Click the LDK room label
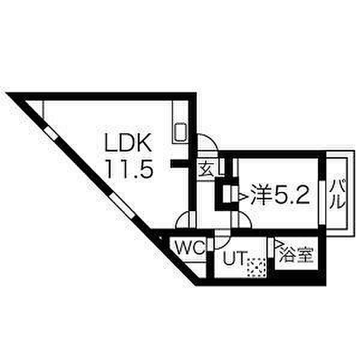(x=130, y=144)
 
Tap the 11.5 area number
(x=130, y=169)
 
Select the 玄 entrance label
(x=206, y=169)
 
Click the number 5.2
(x=293, y=194)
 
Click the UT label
(x=234, y=259)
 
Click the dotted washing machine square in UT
(x=257, y=265)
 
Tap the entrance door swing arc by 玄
(x=207, y=144)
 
